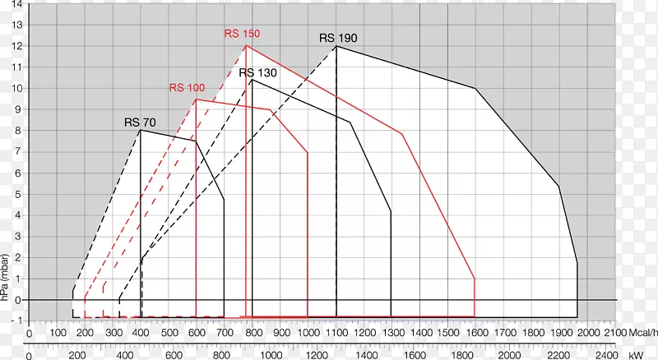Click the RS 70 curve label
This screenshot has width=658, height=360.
pos(140,122)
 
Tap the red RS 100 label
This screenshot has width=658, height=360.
pos(187,88)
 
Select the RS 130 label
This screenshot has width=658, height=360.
pos(257,72)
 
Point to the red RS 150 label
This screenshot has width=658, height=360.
pos(242,34)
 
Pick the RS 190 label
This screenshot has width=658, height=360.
pos(339,38)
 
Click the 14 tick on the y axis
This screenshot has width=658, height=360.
pos(16,4)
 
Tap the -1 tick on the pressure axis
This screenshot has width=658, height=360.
pos(16,321)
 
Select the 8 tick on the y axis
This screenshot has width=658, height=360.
pos(16,131)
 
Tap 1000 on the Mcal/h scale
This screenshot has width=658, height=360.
pos(308,334)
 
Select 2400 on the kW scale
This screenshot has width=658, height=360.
pos(605,355)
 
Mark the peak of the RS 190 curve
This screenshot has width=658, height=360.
pos(336,46)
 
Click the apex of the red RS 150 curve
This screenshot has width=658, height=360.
pos(246,46)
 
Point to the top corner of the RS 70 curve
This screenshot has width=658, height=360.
pos(141,130)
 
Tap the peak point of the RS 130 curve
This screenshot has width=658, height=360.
pos(252,80)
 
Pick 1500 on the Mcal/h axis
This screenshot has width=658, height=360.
pos(447,334)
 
